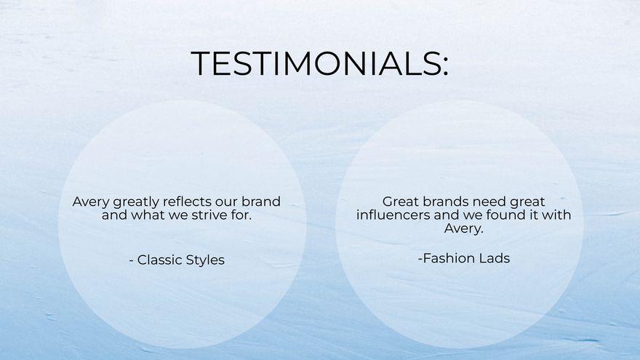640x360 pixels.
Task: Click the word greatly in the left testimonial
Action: pyautogui.click(x=136, y=202)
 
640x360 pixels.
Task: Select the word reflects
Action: pyautogui.click(x=193, y=201)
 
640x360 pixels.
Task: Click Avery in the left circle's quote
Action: pyautogui.click(x=90, y=201)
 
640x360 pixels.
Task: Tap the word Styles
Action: pyautogui.click(x=206, y=260)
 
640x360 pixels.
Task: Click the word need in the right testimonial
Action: pyautogui.click(x=479, y=201)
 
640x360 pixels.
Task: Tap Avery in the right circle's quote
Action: pyautogui.click(x=463, y=229)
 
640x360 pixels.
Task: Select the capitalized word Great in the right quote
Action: pyautogui.click(x=401, y=201)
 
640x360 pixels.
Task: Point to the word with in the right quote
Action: pyautogui.click(x=557, y=215)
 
